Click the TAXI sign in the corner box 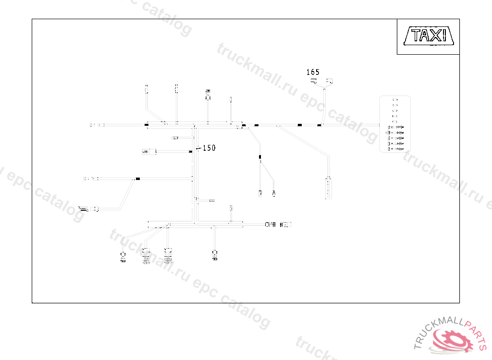pos(428,36)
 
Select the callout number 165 pos(313,72)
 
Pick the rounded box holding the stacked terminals pos(395,124)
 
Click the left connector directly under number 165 pos(314,82)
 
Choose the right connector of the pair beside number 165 pos(330,81)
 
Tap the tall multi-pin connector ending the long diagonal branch pos(328,188)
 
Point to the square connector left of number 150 pos(153,152)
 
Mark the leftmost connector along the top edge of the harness pos(147,89)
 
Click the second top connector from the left pos(176,88)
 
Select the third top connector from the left pos(208,94)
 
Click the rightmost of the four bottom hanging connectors pos(215,255)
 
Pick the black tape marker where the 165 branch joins pos(319,125)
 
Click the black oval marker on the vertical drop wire pos(260,157)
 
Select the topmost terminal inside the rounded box pos(395,100)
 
